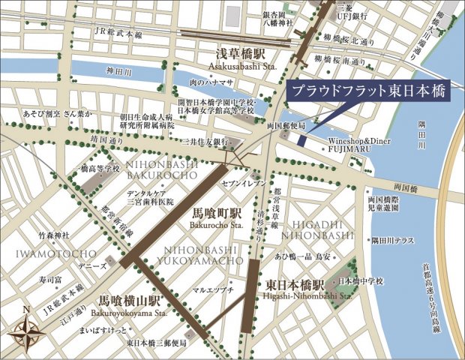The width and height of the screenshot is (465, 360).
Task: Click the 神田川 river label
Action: click(116, 73)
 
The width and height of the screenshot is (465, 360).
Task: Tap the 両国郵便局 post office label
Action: click(285, 127)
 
